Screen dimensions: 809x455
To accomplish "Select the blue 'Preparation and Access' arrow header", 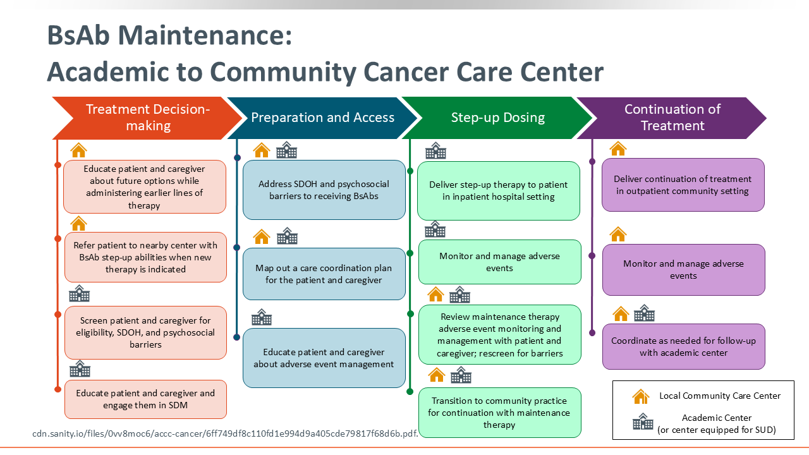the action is point(322,118).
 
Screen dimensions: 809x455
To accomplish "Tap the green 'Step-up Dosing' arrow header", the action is point(497,118).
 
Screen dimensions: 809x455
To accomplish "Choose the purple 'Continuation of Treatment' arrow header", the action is point(672,118).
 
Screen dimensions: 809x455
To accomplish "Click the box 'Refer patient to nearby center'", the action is point(145,257).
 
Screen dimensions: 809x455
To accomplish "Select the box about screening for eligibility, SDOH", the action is point(145,332).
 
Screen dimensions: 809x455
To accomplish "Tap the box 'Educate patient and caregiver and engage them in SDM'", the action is point(145,399).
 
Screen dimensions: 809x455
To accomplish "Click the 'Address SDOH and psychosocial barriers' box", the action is point(324,190).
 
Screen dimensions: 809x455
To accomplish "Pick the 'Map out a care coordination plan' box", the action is point(324,274).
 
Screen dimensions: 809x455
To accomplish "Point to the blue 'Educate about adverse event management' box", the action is point(324,358).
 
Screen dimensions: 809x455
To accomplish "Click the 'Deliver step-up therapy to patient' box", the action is point(499,191).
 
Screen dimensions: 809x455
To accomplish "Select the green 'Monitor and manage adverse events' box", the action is point(500,262).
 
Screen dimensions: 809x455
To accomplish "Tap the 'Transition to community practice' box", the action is point(500,413).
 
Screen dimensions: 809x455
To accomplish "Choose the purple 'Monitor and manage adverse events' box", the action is point(683,270).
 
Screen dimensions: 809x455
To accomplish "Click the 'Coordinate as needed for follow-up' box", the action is point(683,347).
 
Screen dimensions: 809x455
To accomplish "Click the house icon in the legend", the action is point(641,396).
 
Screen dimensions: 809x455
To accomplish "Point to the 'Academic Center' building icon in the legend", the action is point(643,422).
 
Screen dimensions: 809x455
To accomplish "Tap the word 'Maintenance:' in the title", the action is point(205,35).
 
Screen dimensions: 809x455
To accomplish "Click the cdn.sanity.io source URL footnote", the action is point(225,434).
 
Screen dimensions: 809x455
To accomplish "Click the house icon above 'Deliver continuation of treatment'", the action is point(618,149).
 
